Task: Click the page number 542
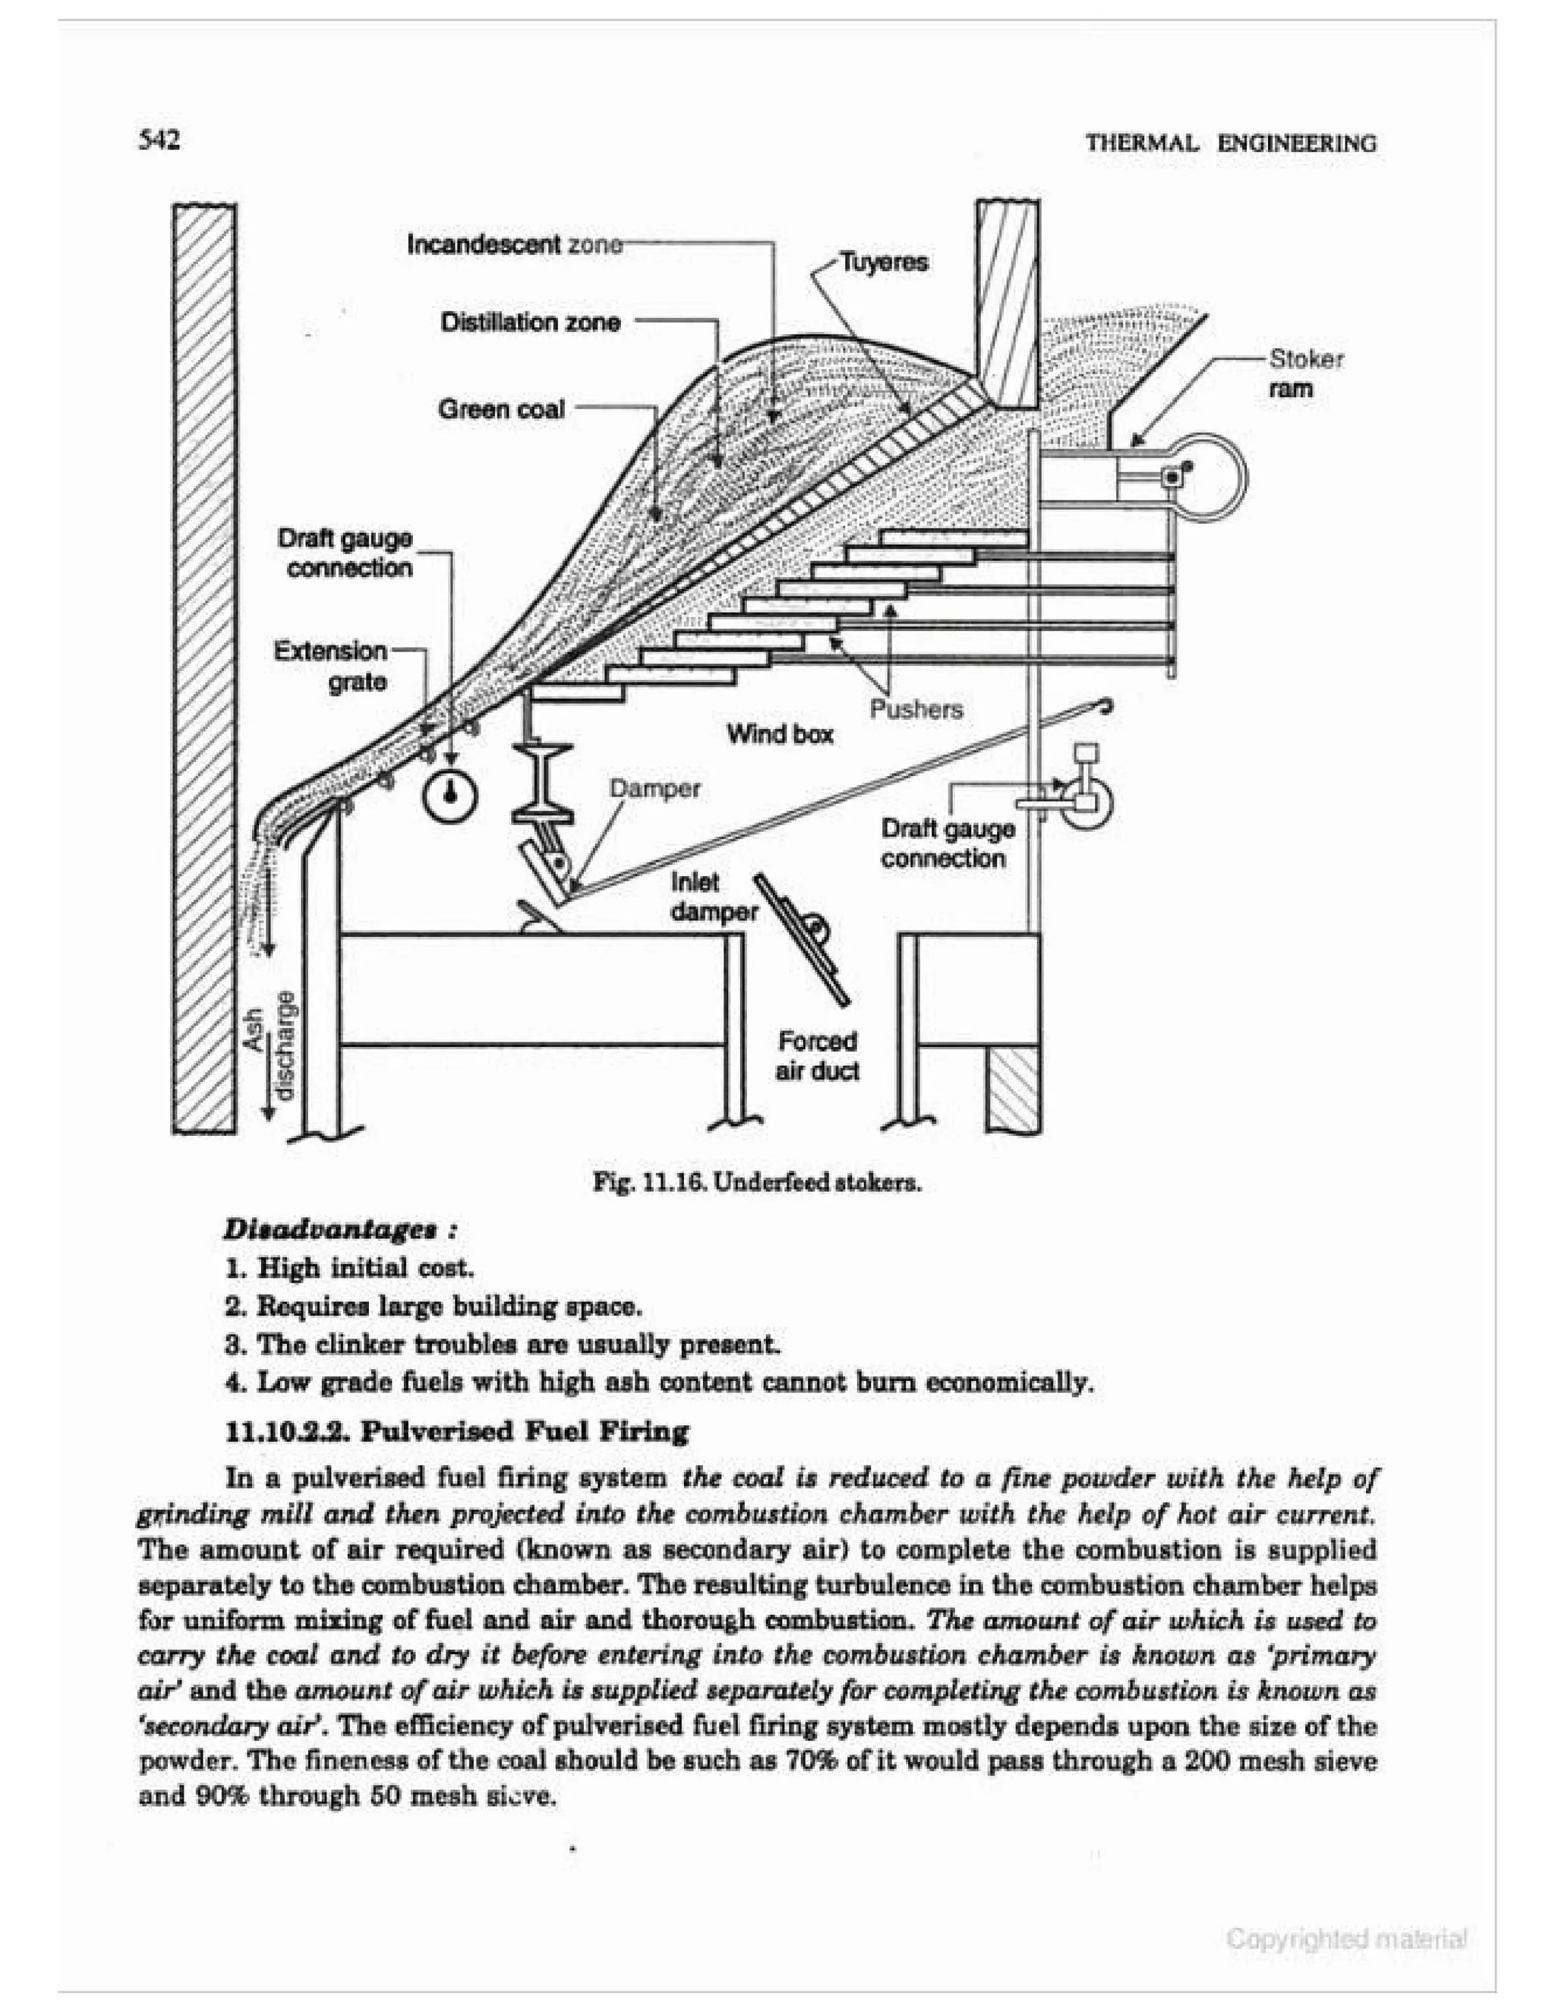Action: tap(159, 140)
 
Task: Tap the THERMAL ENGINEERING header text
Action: tap(1231, 143)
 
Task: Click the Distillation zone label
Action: tap(530, 323)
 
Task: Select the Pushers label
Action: tap(916, 709)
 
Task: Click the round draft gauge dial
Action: tap(449, 794)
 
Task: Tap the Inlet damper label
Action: tap(712, 897)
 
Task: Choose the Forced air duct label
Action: tap(816, 1056)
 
